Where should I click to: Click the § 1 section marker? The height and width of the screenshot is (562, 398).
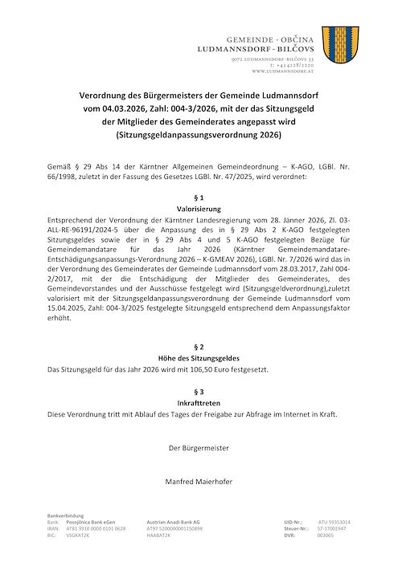point(199,196)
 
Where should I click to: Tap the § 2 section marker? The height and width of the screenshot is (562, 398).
point(199,345)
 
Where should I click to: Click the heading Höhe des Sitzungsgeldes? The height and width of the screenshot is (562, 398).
point(199,357)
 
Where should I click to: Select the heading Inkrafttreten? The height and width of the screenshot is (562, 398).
point(199,403)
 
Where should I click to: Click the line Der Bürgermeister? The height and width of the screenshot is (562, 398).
point(199,446)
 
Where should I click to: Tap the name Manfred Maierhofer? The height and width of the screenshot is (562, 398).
point(199,482)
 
